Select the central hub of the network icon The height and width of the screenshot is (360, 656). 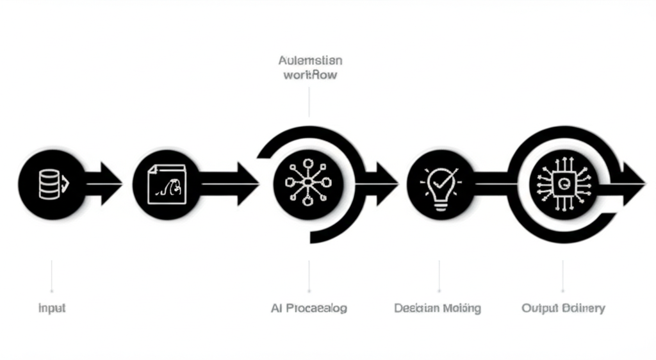pos(307,181)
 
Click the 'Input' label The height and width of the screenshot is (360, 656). pos(52,308)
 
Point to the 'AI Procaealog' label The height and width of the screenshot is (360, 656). pos(309,308)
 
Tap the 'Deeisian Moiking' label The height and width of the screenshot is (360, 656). pos(438,308)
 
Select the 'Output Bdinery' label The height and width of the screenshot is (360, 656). pos(563,308)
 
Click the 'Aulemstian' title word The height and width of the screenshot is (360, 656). pos(310,60)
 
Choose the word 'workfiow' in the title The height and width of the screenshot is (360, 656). pos(310,75)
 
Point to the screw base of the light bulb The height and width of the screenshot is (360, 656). pos(439,203)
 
